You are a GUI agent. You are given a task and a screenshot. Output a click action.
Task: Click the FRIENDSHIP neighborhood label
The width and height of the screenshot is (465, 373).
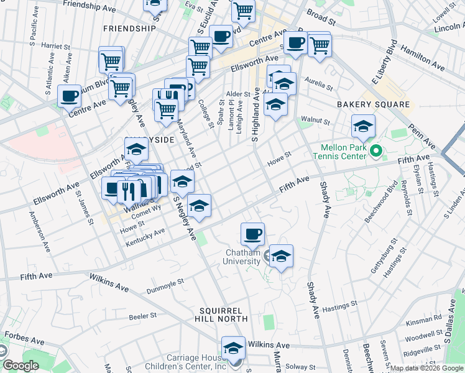point(129,29)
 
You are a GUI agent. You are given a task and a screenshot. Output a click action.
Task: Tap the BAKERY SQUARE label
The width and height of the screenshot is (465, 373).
point(374,104)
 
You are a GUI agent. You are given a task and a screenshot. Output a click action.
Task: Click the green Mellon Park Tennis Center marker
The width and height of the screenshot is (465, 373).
point(375,151)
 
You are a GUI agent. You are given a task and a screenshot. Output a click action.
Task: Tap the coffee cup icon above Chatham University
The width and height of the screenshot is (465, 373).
point(252,234)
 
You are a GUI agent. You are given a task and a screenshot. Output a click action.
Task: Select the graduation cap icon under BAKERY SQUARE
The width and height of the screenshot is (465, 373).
point(363,126)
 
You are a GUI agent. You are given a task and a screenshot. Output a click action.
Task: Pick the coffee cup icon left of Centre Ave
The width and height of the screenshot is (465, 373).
point(69,96)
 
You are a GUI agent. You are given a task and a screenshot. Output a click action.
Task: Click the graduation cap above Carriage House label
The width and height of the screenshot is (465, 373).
point(234,347)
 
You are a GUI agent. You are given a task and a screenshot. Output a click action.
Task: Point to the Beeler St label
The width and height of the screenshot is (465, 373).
point(141,316)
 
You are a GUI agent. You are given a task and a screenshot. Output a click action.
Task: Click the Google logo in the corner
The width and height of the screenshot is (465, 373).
point(21,366)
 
